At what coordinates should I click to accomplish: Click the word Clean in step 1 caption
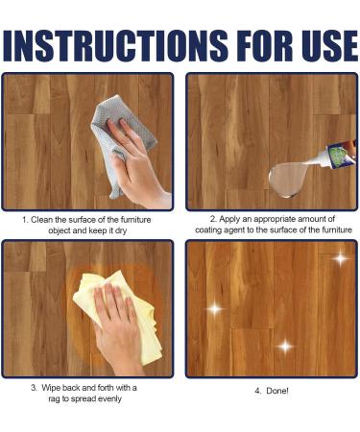[x=52, y=220]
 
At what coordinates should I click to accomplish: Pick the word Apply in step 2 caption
[x=224, y=220]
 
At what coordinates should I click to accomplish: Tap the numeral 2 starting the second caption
[x=211, y=220]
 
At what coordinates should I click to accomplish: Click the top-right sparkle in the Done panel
[x=339, y=257]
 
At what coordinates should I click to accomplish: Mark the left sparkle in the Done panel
[x=215, y=308]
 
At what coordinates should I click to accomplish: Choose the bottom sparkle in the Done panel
[x=284, y=346]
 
